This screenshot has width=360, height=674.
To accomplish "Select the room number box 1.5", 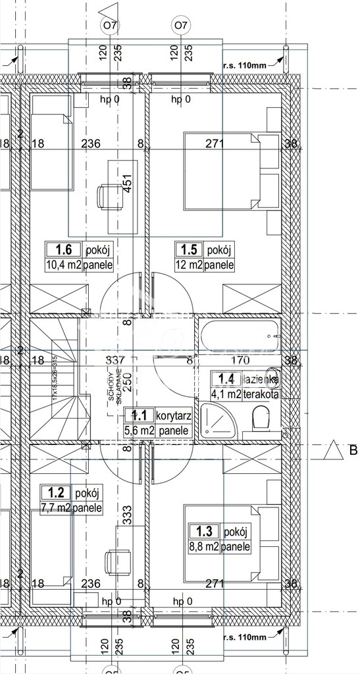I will click(x=189, y=250).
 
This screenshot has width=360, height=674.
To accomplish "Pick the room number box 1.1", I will click(x=139, y=415).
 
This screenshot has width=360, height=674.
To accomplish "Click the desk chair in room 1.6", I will click(x=107, y=195).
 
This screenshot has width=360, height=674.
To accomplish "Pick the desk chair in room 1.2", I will click(x=111, y=563).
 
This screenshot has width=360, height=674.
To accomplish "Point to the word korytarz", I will click(x=173, y=415).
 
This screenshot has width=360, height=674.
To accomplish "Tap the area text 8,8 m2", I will click(x=203, y=546).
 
